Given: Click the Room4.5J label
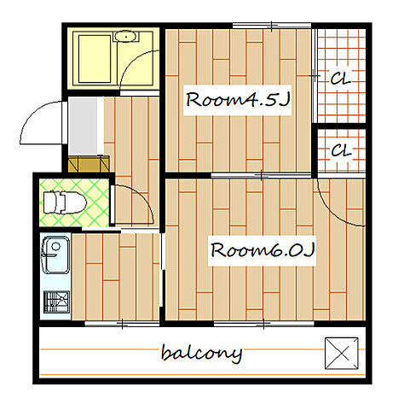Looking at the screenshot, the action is (238, 100).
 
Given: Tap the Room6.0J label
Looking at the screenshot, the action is (263, 250).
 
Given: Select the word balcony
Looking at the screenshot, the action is (201, 354).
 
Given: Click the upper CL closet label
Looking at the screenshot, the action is (341, 78).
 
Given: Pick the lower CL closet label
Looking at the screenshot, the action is (341, 150).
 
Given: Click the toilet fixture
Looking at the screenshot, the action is (65, 202).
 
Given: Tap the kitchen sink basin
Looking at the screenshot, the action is (55, 255).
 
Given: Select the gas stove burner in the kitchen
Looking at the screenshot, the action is (56, 302).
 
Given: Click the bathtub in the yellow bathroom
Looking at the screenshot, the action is (95, 59).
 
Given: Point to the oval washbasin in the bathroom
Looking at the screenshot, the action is (125, 37).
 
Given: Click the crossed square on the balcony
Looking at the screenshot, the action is (342, 354).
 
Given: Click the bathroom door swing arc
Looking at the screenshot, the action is (130, 62).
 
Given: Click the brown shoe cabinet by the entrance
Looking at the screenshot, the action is (89, 164).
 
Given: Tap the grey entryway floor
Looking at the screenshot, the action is (83, 126).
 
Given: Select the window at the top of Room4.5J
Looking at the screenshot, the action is (272, 26).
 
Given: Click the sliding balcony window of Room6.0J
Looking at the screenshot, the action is (263, 324).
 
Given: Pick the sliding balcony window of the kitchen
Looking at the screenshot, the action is (122, 324).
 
